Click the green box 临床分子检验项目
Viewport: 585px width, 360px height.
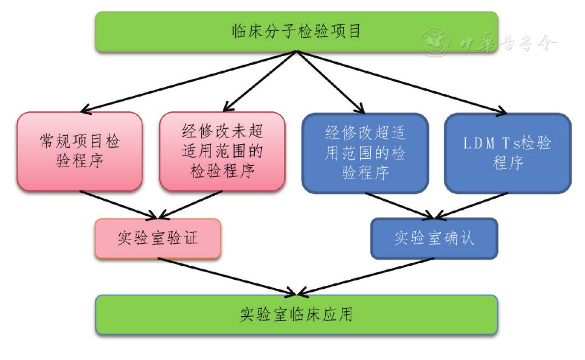coord(296,31)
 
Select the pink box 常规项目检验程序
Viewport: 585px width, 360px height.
coord(80,151)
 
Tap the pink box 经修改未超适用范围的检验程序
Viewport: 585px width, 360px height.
coord(223,151)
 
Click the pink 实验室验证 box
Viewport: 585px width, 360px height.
coord(157,238)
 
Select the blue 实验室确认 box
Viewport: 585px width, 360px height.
coord(434,238)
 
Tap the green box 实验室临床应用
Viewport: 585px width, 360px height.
coord(296,314)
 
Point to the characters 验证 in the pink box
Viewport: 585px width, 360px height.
coord(182,238)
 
